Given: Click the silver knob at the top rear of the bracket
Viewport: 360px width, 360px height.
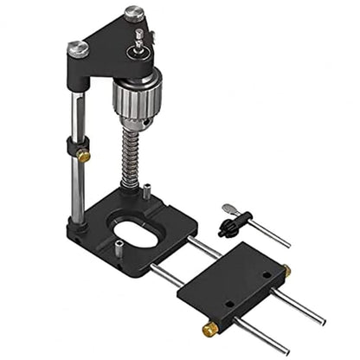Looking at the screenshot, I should coord(133,13).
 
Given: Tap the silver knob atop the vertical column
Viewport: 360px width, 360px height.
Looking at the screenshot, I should coord(79,49).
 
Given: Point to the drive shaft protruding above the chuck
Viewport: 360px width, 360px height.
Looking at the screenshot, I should coord(139,39).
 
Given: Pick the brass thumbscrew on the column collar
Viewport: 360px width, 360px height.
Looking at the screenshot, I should coord(83,156).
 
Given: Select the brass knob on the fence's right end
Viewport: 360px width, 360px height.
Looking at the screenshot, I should coord(287,271).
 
